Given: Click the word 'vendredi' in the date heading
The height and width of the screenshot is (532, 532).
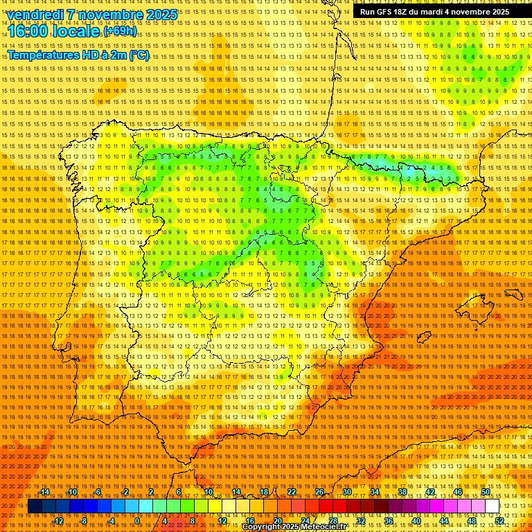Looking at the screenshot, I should point(36,15).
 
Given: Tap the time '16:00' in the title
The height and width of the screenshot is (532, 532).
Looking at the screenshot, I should point(29,31).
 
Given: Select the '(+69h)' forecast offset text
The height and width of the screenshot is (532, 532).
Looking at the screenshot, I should point(120,31).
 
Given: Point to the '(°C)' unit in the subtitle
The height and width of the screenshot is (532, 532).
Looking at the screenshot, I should point(139,55).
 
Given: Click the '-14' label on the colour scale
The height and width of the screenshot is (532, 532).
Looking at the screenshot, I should point(44,492).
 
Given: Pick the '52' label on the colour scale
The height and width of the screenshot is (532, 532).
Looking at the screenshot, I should point(499,520).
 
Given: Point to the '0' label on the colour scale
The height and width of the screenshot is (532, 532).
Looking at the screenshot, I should point(138,520).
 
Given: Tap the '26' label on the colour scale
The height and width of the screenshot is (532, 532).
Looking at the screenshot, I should point(319,492).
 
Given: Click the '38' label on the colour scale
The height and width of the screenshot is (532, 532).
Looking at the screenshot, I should point(402,492).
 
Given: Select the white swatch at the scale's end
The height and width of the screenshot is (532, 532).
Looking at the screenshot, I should point(492,506).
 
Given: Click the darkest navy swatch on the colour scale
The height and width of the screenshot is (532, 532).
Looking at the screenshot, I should point(35,506).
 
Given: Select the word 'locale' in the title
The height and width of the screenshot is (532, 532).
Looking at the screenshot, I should point(78,31).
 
